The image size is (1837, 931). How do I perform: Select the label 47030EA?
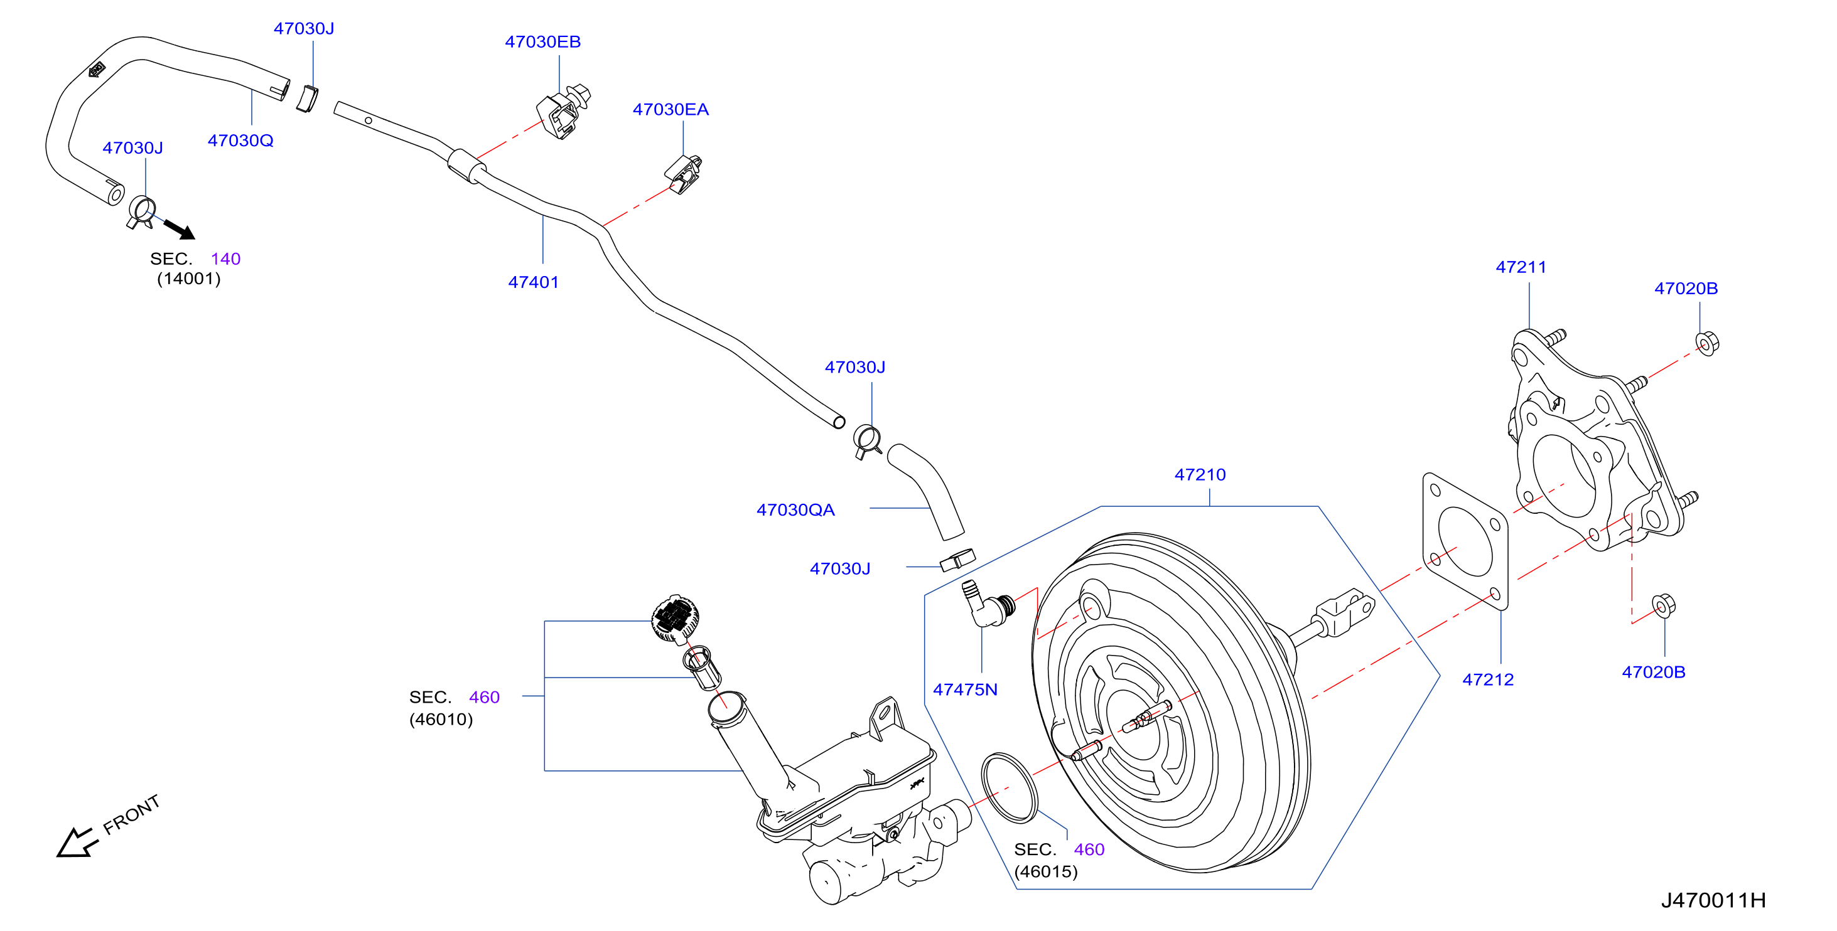click(671, 110)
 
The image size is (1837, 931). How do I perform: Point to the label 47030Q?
click(240, 141)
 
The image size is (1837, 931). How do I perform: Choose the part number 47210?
click(1200, 475)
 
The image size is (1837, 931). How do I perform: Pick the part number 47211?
click(1521, 267)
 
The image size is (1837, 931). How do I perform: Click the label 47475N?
click(965, 689)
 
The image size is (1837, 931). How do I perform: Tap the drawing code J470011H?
click(1713, 900)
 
